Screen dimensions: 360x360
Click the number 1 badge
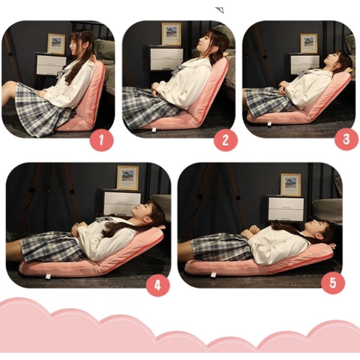click(102, 139)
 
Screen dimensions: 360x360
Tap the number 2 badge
click(225, 139)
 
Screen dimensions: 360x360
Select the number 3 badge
click(346, 139)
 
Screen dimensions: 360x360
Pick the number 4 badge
click(158, 285)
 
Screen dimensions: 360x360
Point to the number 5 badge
click(333, 283)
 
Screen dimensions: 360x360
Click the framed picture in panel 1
click(56, 44)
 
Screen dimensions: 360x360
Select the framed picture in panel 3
click(309, 43)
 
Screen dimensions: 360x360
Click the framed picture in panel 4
click(128, 178)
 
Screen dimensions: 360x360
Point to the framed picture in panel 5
click(291, 184)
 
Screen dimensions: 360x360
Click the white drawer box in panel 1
click(51, 64)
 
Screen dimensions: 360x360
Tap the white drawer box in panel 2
click(166, 58)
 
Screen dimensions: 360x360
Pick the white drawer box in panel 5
click(286, 208)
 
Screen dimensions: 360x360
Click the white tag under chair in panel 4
click(48, 276)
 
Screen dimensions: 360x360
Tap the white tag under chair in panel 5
click(214, 274)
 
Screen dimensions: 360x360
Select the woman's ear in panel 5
click(319, 236)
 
